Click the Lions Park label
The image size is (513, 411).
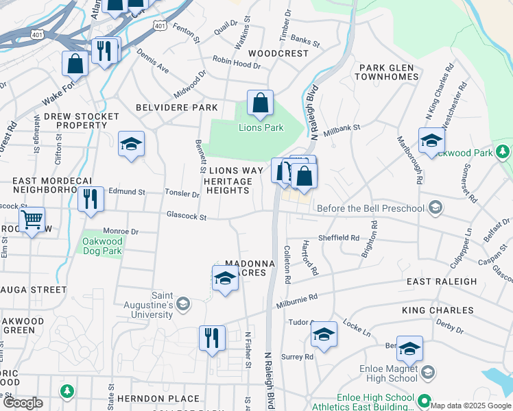pos(261,127)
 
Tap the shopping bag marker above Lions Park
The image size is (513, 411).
pos(261,104)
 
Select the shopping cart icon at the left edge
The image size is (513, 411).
pos(32,221)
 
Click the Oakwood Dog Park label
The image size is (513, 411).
pos(102,246)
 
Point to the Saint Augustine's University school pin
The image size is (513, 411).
pos(183,303)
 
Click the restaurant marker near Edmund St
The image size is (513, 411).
pos(91,199)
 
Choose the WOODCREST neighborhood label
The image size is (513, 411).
pos(278,53)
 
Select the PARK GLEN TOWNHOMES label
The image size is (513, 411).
pos(387,72)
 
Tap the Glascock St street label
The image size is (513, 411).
pos(187,216)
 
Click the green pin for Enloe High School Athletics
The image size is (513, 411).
pos(425,402)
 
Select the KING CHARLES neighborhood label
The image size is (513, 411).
pos(438,310)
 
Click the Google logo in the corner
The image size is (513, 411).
pos(23,403)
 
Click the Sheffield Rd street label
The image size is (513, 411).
pos(339,238)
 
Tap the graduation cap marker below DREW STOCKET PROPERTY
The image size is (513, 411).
pos(131,145)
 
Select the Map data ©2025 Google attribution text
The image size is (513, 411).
pos(470,406)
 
